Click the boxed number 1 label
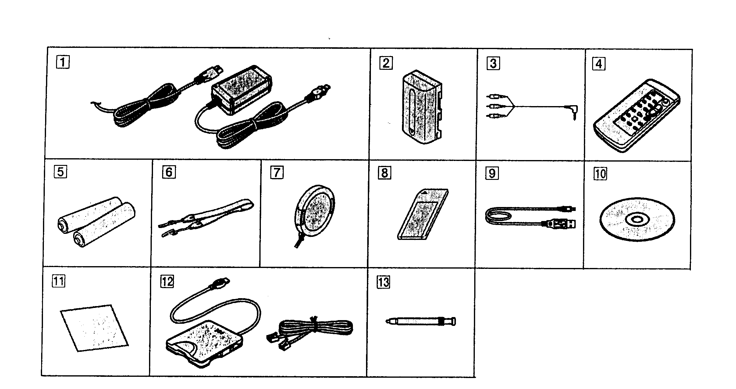62,63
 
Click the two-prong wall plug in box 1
320,91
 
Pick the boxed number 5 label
60,172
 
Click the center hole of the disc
637,219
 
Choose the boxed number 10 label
600,174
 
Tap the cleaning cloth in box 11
94,328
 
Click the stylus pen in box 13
421,321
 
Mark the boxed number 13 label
383,282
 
